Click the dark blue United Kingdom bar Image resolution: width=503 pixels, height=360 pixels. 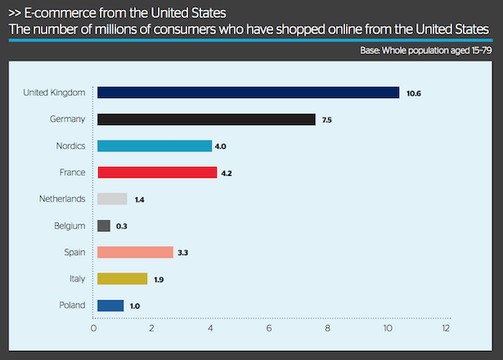[x=248, y=92]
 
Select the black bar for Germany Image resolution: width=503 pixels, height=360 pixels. [x=206, y=119]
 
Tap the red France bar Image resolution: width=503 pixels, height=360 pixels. [x=157, y=173]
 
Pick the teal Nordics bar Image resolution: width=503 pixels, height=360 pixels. [x=155, y=146]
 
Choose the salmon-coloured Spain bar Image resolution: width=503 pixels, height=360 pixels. [x=135, y=252]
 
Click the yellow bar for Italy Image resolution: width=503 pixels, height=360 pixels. [x=122, y=279]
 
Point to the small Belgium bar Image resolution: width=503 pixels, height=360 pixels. [x=104, y=226]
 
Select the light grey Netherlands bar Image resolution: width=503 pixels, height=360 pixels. [x=112, y=199]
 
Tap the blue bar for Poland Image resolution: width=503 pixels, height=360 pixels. [x=110, y=305]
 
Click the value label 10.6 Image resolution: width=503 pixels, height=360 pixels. [x=414, y=93]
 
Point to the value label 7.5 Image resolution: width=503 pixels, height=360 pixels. [x=327, y=120]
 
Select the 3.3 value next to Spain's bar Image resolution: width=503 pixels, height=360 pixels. [x=183, y=253]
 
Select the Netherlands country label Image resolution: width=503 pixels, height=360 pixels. [x=62, y=199]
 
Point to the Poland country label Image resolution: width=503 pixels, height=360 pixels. [x=72, y=305]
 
